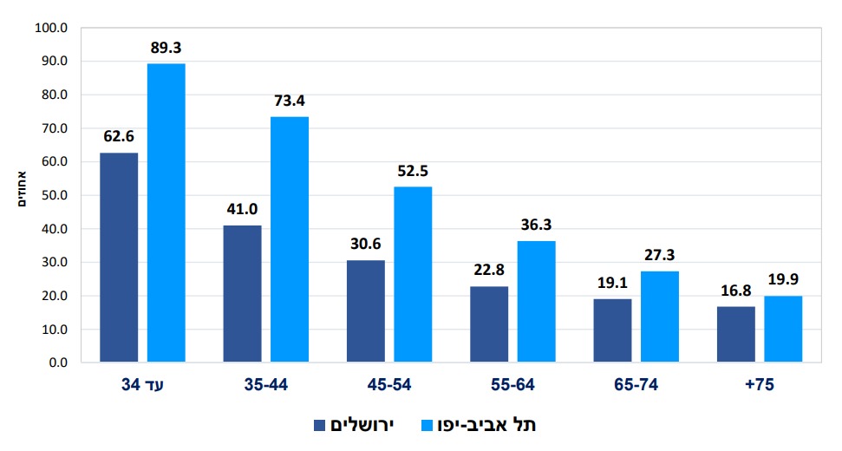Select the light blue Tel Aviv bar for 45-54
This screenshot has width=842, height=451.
pyautogui.click(x=413, y=274)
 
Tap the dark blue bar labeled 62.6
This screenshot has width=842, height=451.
pyautogui.click(x=119, y=257)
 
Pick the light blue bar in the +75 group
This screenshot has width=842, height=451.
pyautogui.click(x=783, y=329)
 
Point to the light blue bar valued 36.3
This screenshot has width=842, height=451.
pyautogui.click(x=536, y=301)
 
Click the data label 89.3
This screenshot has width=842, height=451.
pyautogui.click(x=166, y=47)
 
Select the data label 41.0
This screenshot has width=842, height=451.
pyautogui.click(x=242, y=209)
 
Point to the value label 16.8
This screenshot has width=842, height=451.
pyautogui.click(x=735, y=290)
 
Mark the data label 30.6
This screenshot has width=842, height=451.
pyautogui.click(x=365, y=244)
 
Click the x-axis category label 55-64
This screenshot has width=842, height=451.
pyautogui.click(x=512, y=385)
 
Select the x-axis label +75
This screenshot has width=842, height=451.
pyautogui.click(x=759, y=385)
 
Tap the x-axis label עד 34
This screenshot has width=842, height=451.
pyautogui.click(x=142, y=385)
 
